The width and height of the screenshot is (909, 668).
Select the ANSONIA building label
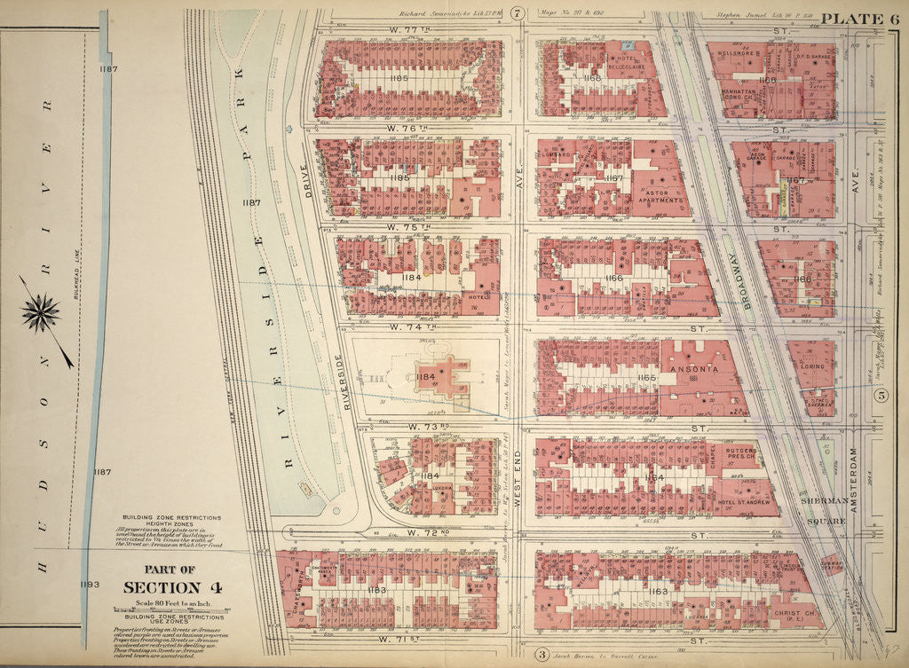[x=689, y=366]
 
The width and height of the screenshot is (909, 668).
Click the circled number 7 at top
[x=518, y=12]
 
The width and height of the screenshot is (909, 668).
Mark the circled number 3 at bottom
[x=541, y=655]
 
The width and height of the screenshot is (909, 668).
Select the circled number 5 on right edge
[x=881, y=397]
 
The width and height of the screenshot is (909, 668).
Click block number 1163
[x=657, y=591]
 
